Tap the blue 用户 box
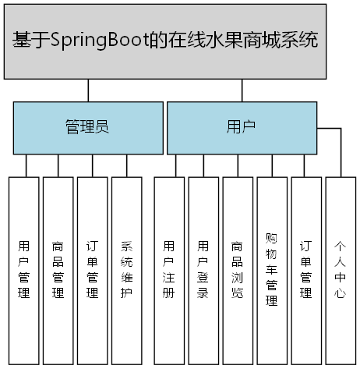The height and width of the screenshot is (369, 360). (x=242, y=128)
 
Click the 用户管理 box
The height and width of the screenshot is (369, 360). (x=23, y=269)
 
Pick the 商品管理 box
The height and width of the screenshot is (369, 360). (x=58, y=269)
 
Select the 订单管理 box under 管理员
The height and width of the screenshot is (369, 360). (x=92, y=269)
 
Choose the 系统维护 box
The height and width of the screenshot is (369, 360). (x=126, y=269)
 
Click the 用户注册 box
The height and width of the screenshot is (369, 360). (x=169, y=269)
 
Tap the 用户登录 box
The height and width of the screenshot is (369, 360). (x=203, y=269)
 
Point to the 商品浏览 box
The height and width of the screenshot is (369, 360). (x=238, y=269)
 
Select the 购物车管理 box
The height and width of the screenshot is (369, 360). (x=272, y=269)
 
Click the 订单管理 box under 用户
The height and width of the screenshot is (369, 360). (x=306, y=269)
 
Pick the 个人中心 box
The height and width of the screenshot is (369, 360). (x=341, y=269)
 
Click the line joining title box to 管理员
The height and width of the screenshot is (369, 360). (x=88, y=90)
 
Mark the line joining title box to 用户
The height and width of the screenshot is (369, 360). (x=242, y=90)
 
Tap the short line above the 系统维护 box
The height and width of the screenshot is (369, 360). (x=126, y=165)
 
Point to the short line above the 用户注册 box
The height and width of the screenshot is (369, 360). (x=175, y=165)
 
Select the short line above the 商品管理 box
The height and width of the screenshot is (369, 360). (x=58, y=165)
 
